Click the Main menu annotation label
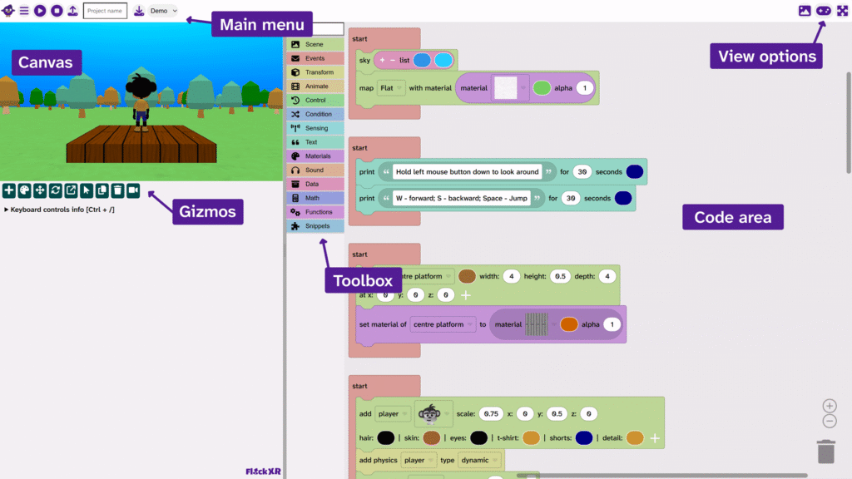point(261,24)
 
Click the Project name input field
point(105,11)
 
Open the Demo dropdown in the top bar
point(163,11)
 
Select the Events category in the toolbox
point(315,58)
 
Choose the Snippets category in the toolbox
point(315,226)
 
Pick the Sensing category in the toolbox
point(315,128)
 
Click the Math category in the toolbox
point(315,198)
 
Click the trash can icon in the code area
point(825,451)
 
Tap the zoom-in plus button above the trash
point(830,406)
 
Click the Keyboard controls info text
point(62,210)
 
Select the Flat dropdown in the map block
point(390,87)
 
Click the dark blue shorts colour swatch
point(583,437)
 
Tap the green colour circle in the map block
point(542,87)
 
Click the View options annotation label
point(766,57)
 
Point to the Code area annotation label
point(733,218)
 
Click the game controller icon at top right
point(823,11)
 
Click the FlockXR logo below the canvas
point(263,472)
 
